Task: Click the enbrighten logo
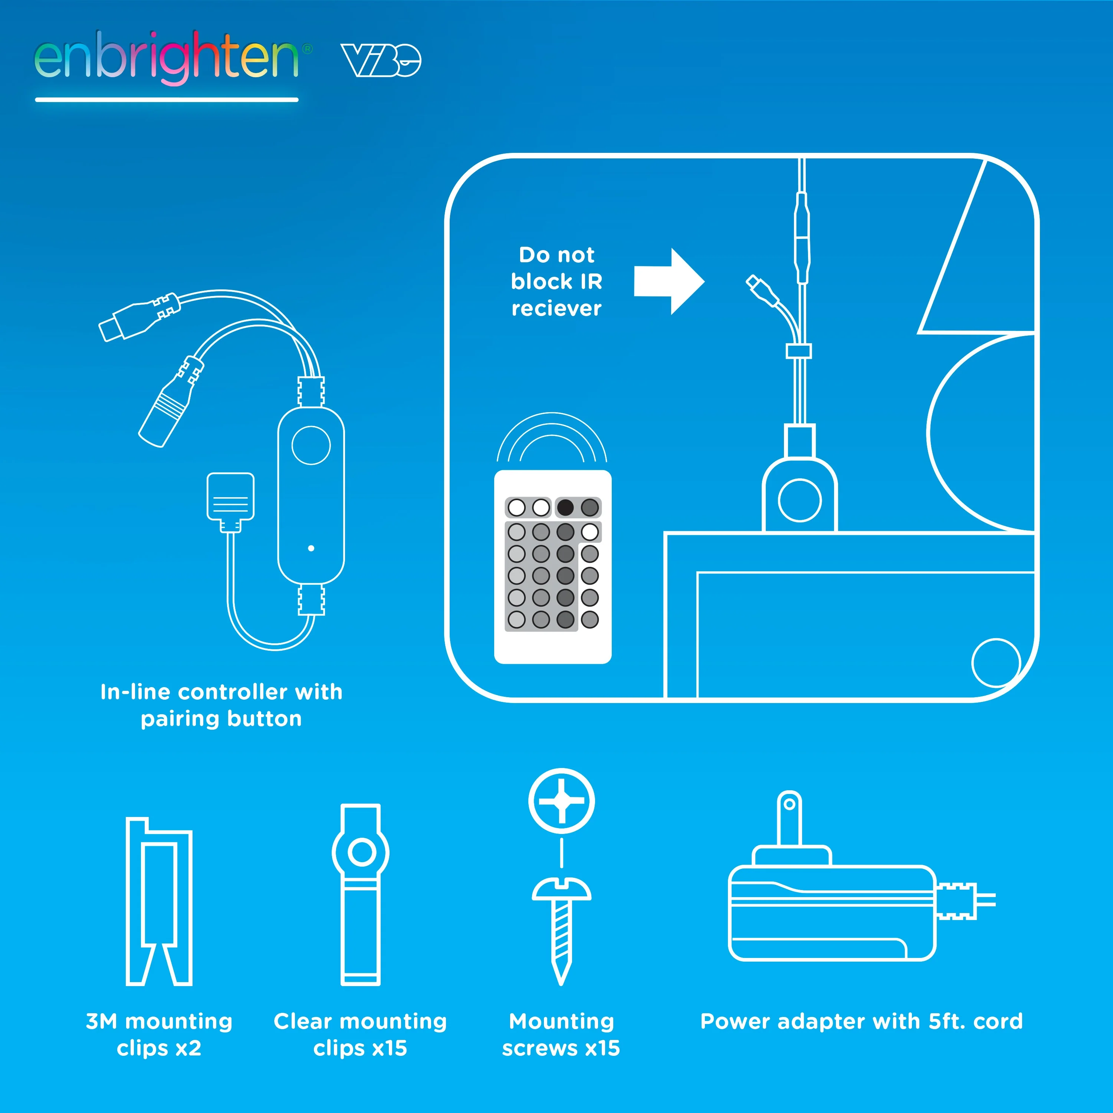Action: [x=173, y=58]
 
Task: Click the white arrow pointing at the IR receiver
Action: [x=669, y=282]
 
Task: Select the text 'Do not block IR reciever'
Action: [x=556, y=282]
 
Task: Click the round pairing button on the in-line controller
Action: [x=311, y=445]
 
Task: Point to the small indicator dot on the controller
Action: [x=311, y=548]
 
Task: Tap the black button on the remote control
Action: [x=565, y=508]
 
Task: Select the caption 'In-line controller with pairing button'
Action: [x=221, y=705]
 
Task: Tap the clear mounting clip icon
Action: [x=361, y=894]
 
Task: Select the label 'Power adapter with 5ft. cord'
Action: [x=861, y=1021]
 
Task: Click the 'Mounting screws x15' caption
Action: [x=561, y=1035]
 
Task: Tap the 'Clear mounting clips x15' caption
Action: [x=361, y=1035]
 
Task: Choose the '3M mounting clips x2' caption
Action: [x=159, y=1035]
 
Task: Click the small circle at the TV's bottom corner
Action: [x=996, y=663]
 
